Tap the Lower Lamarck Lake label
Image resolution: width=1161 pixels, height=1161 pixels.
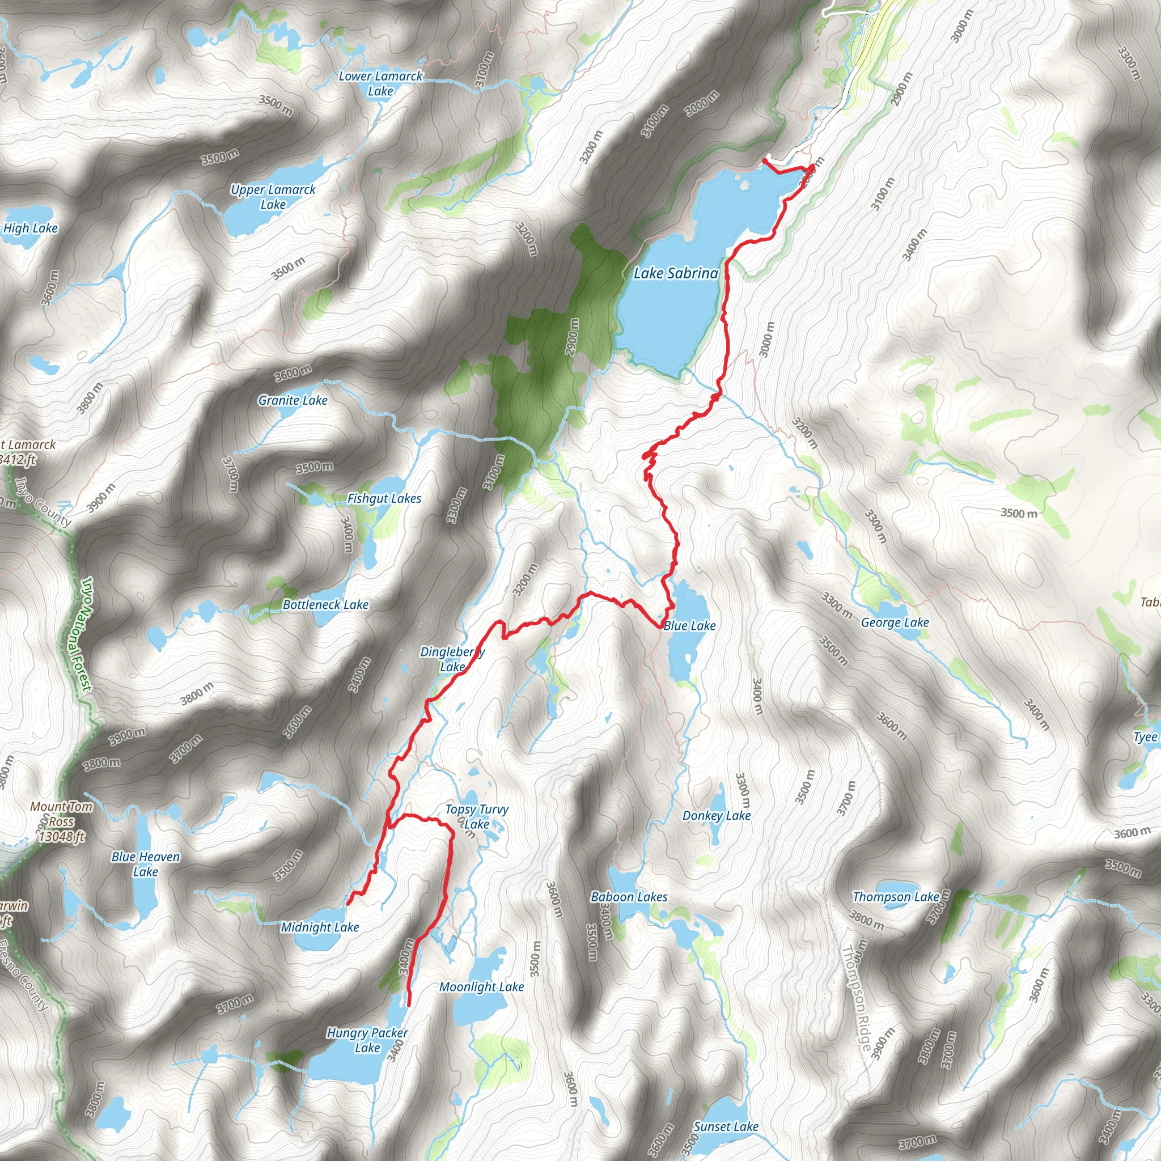[x=380, y=83]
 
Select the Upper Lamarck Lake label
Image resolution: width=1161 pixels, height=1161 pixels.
[x=273, y=197]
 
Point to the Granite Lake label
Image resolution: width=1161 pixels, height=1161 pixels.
[x=293, y=400]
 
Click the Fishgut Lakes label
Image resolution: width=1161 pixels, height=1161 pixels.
[x=384, y=498]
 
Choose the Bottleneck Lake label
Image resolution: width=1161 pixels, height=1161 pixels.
[x=326, y=604]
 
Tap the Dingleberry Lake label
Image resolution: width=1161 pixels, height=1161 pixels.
[x=452, y=659]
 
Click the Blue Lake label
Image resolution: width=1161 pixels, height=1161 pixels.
[x=689, y=626]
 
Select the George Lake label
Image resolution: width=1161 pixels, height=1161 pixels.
[x=895, y=622]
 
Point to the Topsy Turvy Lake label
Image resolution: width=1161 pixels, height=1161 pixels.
[x=477, y=817]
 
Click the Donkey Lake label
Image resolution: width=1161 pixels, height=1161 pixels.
[x=717, y=815]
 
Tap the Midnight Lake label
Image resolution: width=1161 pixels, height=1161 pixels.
[x=320, y=927]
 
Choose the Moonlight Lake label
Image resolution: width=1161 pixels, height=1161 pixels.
[x=481, y=987]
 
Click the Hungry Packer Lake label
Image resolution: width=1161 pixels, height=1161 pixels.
[x=367, y=1040]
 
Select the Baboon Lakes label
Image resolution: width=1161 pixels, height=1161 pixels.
[x=629, y=897]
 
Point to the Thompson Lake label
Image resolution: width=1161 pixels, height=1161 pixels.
[x=895, y=897]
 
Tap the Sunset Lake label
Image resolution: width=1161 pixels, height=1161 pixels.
[x=726, y=1127]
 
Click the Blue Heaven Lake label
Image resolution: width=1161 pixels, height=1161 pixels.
[x=146, y=864]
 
